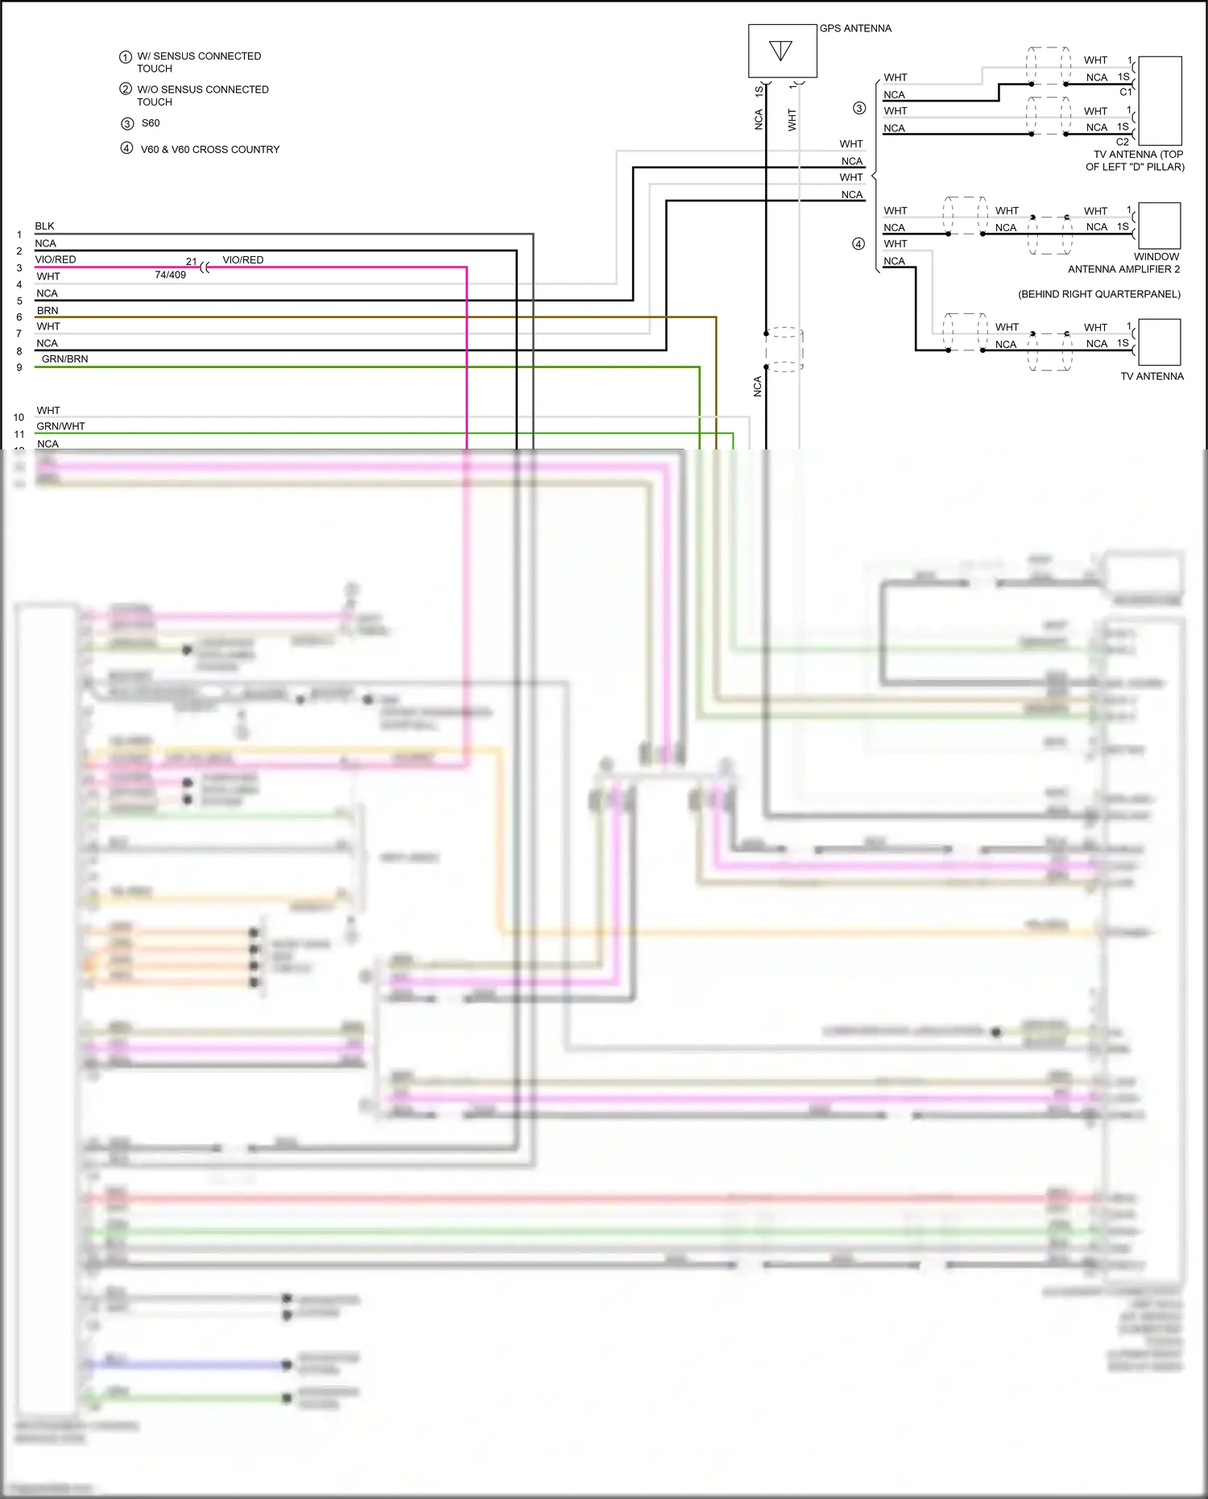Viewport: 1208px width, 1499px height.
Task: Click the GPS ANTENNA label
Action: pyautogui.click(x=855, y=28)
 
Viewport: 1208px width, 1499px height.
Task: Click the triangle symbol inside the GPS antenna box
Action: pyautogui.click(x=780, y=51)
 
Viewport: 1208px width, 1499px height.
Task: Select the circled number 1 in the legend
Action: pyautogui.click(x=126, y=57)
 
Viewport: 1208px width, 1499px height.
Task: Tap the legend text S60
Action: pyautogui.click(x=151, y=123)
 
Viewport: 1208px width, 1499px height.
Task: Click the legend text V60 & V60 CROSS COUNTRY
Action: pyautogui.click(x=210, y=150)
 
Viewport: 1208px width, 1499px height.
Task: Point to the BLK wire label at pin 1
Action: pyautogui.click(x=45, y=226)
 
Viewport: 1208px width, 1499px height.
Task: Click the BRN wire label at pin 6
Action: pyautogui.click(x=48, y=310)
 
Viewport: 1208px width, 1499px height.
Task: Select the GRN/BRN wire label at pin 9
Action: pyautogui.click(x=65, y=359)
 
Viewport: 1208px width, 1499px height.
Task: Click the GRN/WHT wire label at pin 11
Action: pyautogui.click(x=61, y=426)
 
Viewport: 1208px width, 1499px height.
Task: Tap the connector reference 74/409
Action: pyautogui.click(x=170, y=275)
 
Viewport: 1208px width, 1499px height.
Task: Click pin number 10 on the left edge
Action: pyautogui.click(x=19, y=417)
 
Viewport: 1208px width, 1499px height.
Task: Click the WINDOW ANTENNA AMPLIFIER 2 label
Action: pyautogui.click(x=1124, y=263)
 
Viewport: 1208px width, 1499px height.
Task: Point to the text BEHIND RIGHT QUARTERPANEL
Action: pyautogui.click(x=1099, y=294)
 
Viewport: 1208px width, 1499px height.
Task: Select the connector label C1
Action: pyautogui.click(x=1125, y=92)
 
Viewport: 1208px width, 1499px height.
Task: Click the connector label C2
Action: pyautogui.click(x=1123, y=142)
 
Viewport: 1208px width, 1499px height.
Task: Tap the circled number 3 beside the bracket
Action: pyautogui.click(x=859, y=109)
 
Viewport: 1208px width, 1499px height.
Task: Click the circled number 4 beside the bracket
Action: pyautogui.click(x=858, y=244)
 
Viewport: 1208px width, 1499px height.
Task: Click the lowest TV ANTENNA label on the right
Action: pyautogui.click(x=1152, y=376)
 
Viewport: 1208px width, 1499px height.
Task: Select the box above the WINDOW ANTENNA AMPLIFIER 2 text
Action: pyautogui.click(x=1160, y=226)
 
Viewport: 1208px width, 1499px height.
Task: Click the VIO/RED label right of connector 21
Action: pyautogui.click(x=243, y=260)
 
